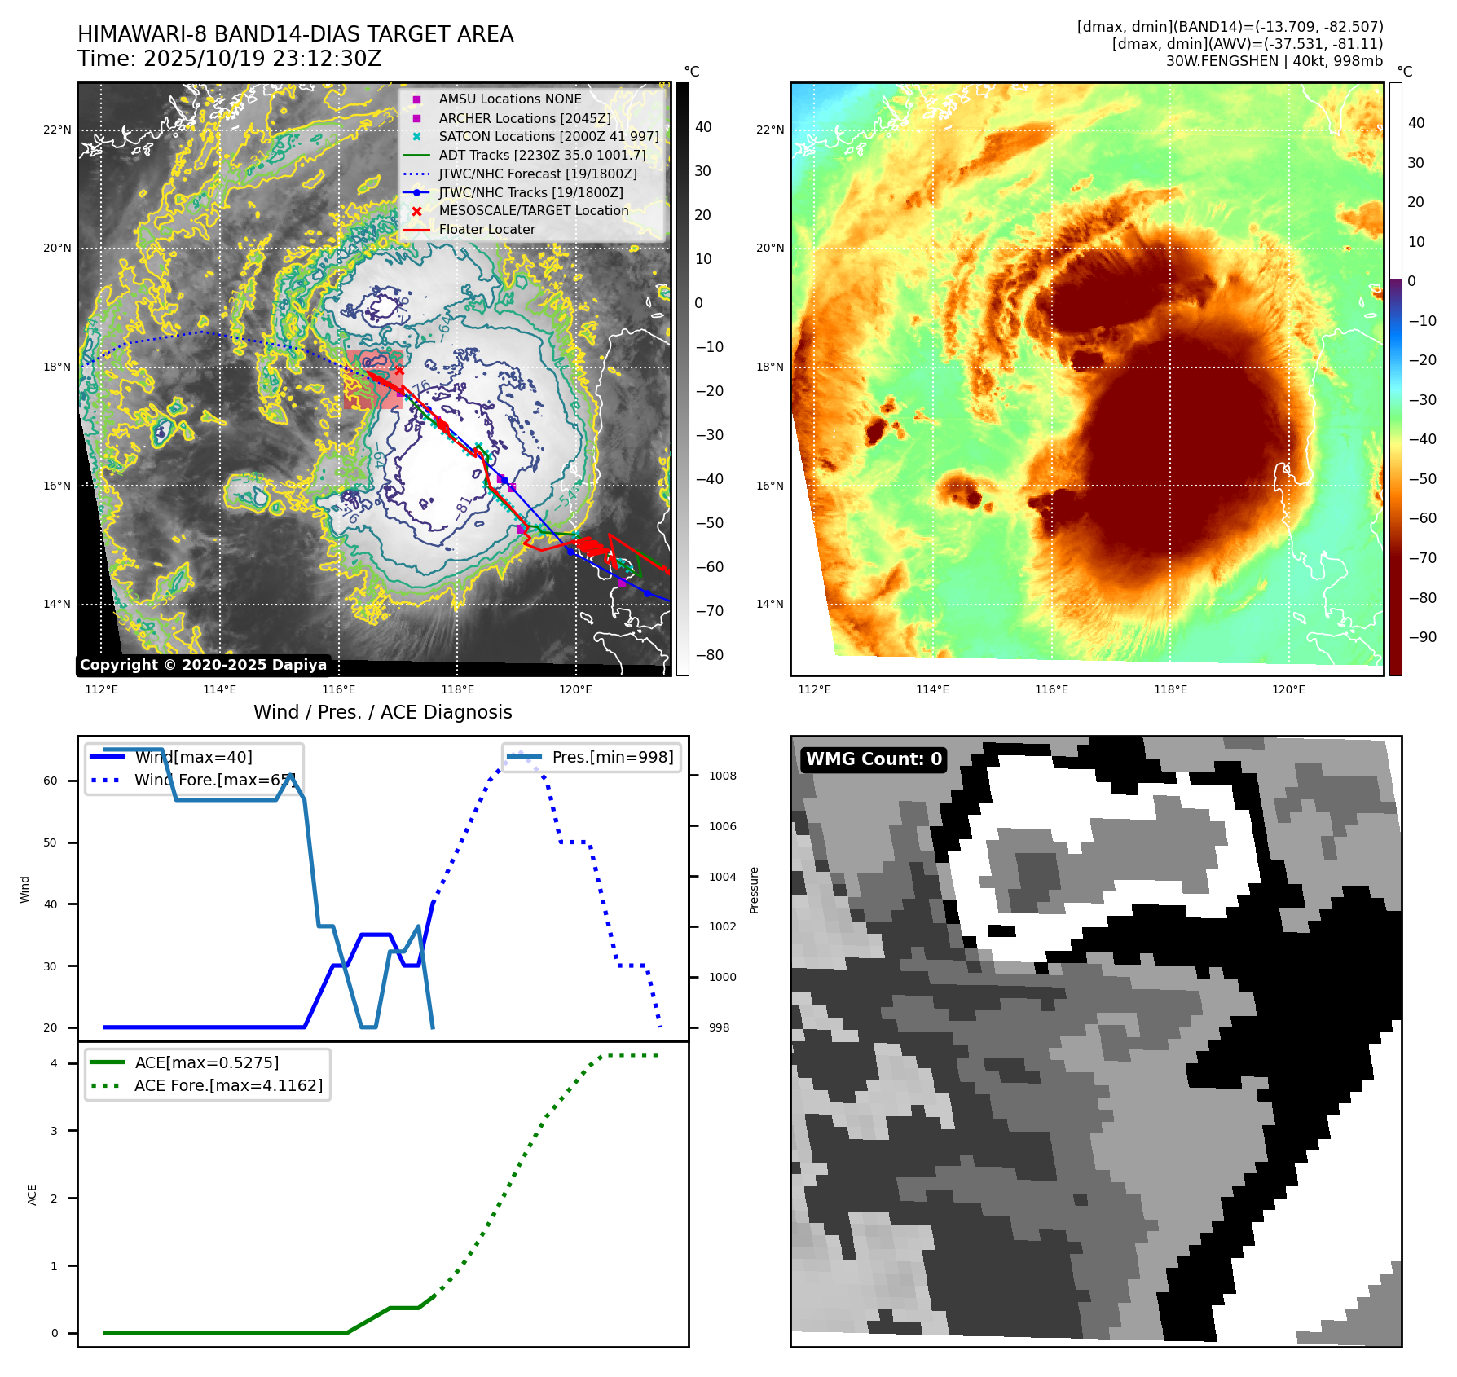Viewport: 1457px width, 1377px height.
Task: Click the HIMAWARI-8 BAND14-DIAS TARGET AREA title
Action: click(x=295, y=34)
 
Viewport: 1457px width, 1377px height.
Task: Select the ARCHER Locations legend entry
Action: click(x=524, y=118)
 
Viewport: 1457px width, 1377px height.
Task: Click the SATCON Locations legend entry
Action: click(x=548, y=136)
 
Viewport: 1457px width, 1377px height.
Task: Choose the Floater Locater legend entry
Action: click(x=486, y=230)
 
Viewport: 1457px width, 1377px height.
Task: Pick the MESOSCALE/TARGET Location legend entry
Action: click(x=533, y=211)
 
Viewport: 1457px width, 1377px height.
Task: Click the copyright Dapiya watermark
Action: click(x=203, y=665)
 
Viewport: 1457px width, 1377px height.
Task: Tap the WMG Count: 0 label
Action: click(x=874, y=759)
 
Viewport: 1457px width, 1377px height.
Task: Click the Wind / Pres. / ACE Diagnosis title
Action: click(x=382, y=712)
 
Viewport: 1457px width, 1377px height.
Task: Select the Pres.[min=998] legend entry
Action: click(x=612, y=757)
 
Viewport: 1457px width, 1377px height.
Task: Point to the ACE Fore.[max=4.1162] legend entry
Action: click(x=228, y=1085)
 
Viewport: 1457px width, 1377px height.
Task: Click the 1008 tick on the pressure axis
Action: click(x=722, y=776)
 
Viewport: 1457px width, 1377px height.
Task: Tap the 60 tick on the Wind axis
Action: click(x=51, y=781)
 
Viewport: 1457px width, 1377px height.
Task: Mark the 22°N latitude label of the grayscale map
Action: click(x=57, y=130)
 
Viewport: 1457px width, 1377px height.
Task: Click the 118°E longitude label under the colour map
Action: click(x=1170, y=689)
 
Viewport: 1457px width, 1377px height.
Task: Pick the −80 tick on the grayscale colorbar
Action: click(x=709, y=655)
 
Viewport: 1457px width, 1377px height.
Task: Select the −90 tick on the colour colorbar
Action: click(x=1422, y=637)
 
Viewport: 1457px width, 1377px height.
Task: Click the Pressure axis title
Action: click(x=754, y=890)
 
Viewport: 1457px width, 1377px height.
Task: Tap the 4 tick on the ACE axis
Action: click(x=54, y=1063)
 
